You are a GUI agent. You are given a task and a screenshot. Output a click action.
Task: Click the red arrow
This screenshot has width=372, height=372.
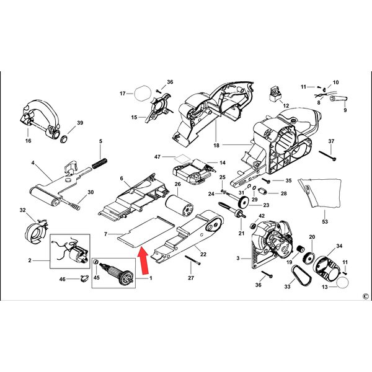pos(143,260)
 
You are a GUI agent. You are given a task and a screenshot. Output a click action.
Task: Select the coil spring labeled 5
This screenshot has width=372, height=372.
pos(100,163)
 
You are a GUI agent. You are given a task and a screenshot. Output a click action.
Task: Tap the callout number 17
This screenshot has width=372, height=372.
pos(122,94)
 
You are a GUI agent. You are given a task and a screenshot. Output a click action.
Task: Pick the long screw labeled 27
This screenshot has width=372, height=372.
pos(193,260)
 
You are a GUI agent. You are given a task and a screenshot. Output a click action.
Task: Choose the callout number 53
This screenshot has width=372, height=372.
pos(325,221)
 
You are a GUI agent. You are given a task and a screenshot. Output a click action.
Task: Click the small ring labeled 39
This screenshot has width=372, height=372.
pos(64,139)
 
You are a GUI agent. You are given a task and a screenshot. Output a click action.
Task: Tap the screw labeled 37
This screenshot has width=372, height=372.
pos(327,156)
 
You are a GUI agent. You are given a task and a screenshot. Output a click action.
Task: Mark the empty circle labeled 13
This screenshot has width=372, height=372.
pos(343,282)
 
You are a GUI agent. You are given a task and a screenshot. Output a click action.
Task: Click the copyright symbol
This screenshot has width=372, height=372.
pos(366,296)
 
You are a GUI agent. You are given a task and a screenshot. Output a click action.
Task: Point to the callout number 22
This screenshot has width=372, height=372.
pos(203,254)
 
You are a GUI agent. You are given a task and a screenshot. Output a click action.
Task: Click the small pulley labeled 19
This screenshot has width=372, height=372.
pos(301,250)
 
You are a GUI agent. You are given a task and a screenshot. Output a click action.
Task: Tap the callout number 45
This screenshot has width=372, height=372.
pos(97,278)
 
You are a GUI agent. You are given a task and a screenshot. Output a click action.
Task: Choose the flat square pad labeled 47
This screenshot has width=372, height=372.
pos(182,158)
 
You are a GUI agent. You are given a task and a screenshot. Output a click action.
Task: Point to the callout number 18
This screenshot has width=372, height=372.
pos(216,145)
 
